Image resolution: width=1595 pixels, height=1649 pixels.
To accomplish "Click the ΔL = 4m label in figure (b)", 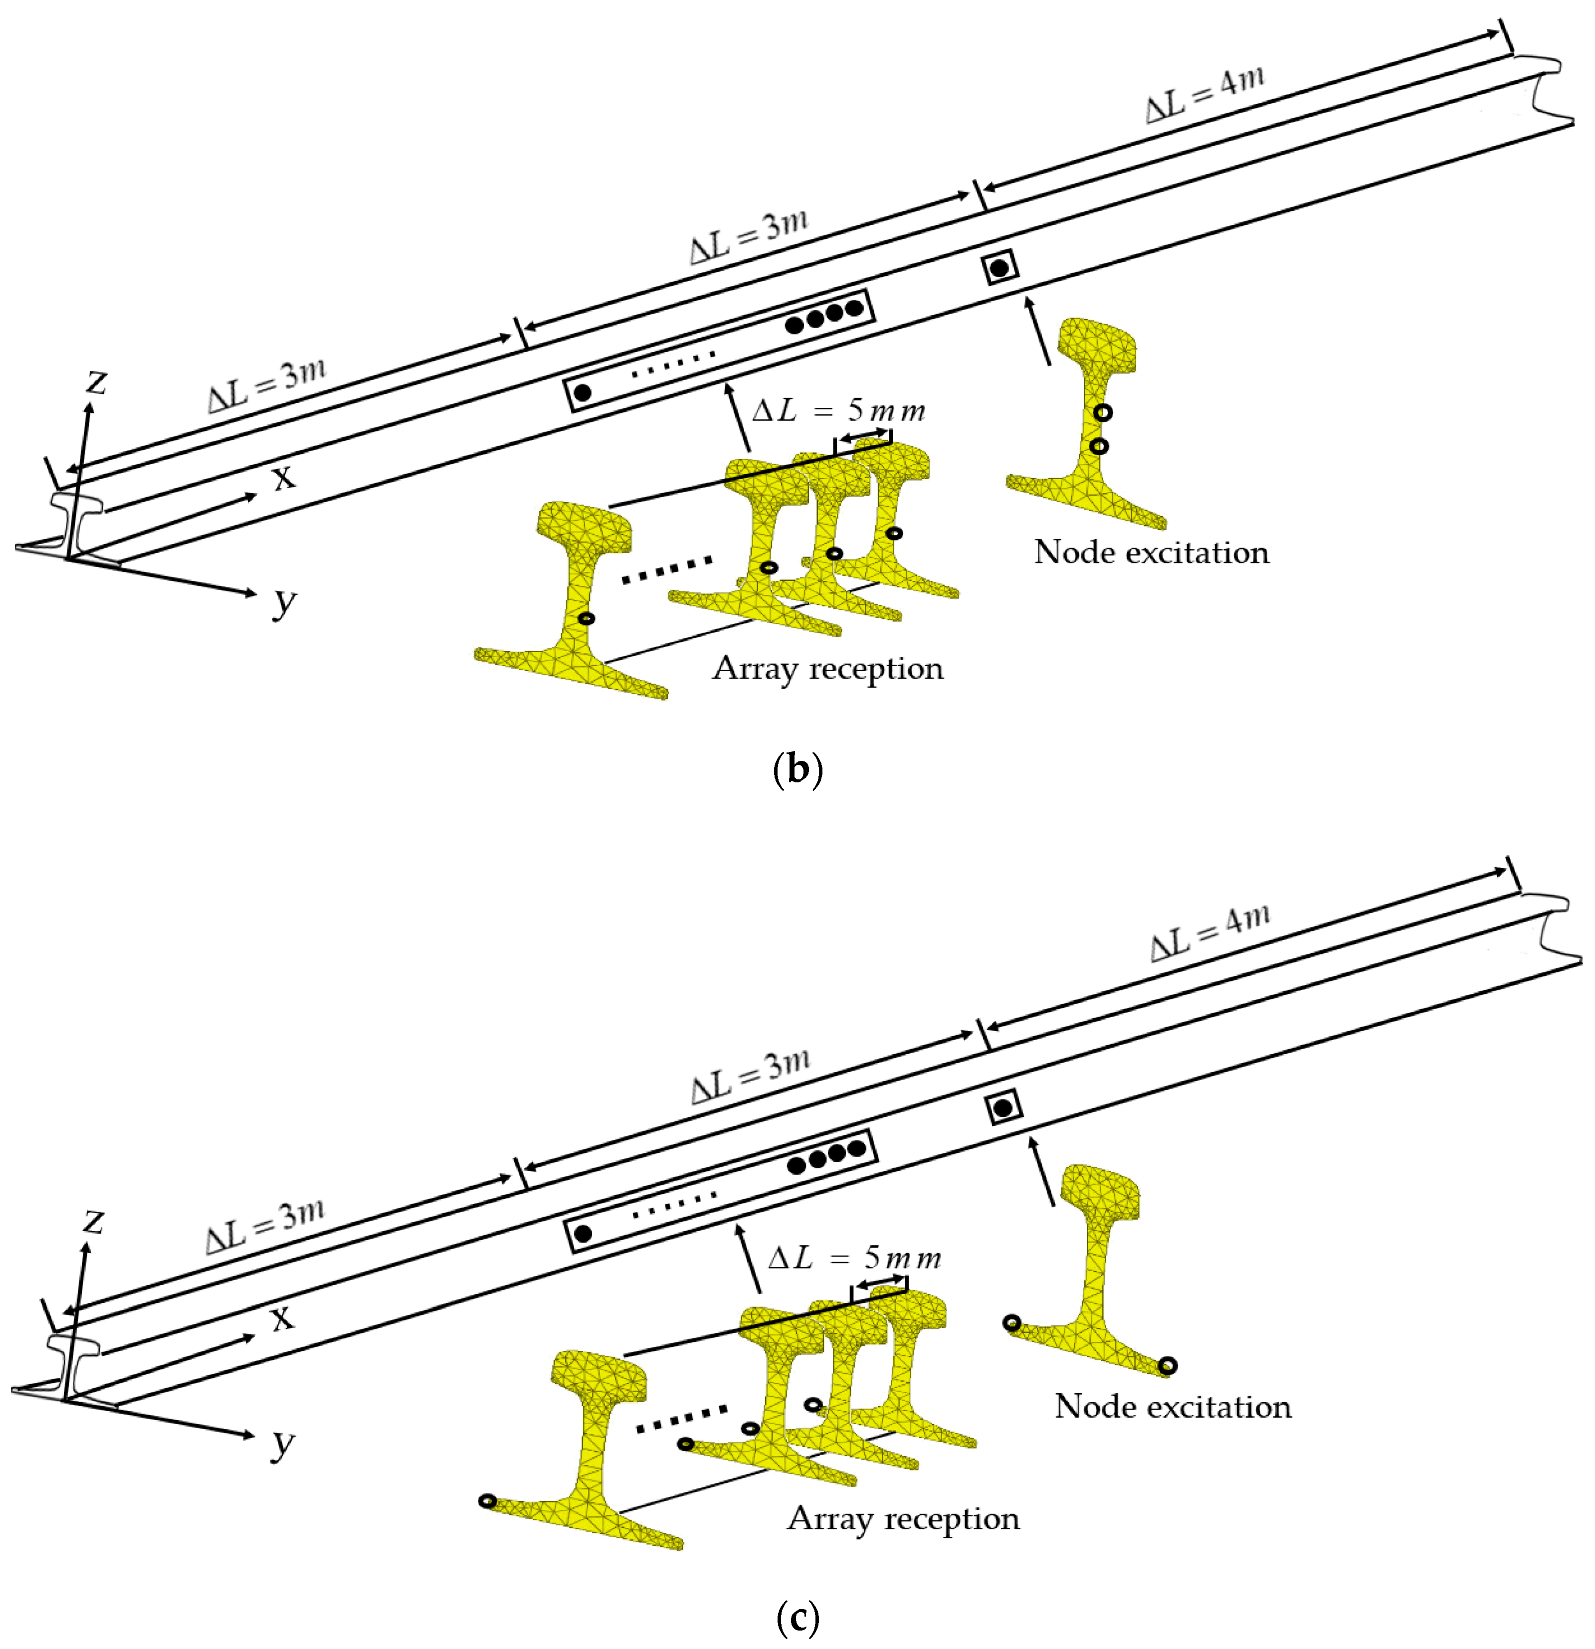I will pyautogui.click(x=1205, y=94).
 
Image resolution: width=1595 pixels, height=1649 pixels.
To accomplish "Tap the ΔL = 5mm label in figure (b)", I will pyautogui.click(x=838, y=410).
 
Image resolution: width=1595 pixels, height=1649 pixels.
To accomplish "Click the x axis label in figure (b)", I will pyautogui.click(x=284, y=478).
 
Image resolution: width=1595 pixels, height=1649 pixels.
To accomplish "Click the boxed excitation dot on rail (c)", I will pyautogui.click(x=1002, y=1108).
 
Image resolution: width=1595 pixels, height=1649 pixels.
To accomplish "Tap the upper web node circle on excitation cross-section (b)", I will pyautogui.click(x=1103, y=412).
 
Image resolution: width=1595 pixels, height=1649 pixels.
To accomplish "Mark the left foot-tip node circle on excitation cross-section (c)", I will pyautogui.click(x=1011, y=1322).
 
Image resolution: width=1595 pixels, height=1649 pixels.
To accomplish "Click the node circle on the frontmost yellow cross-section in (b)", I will pyautogui.click(x=587, y=618).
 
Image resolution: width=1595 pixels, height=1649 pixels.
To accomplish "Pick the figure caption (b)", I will pyautogui.click(x=796, y=769).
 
